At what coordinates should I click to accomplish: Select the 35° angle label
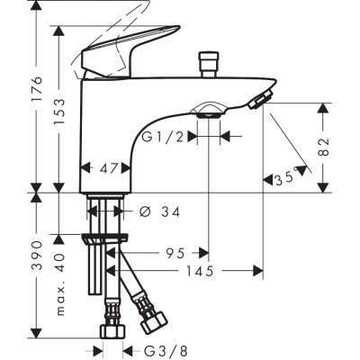287,180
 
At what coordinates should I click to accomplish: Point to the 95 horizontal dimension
175,254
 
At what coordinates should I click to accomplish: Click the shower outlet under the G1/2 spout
209,111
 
